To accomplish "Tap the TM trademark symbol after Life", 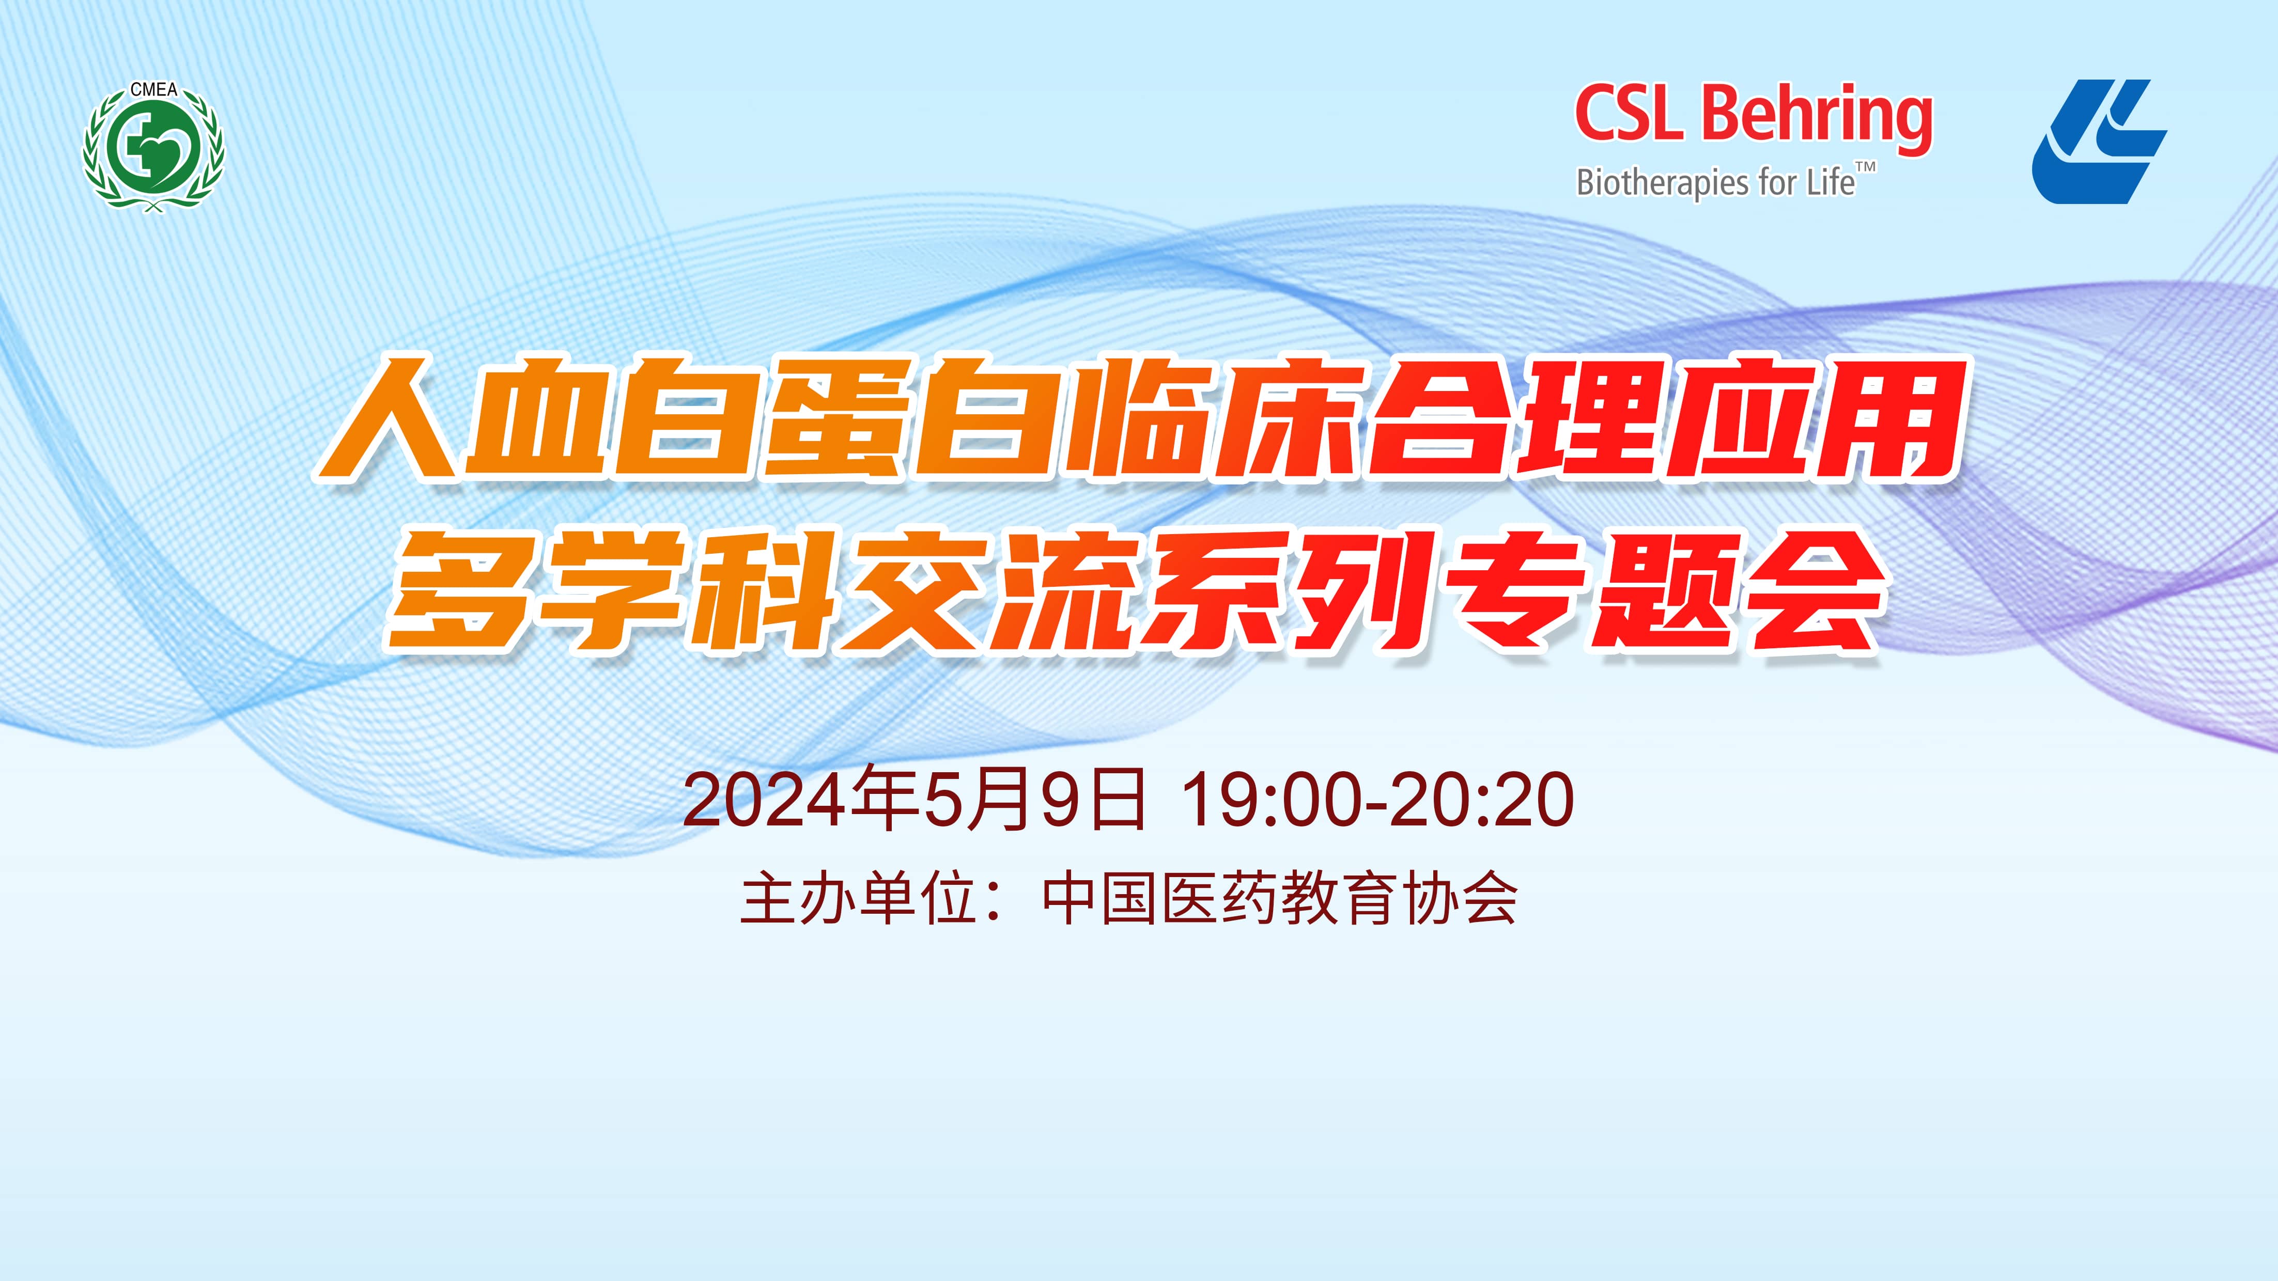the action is point(1865,167).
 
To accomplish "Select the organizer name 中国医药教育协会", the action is point(1280,899).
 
